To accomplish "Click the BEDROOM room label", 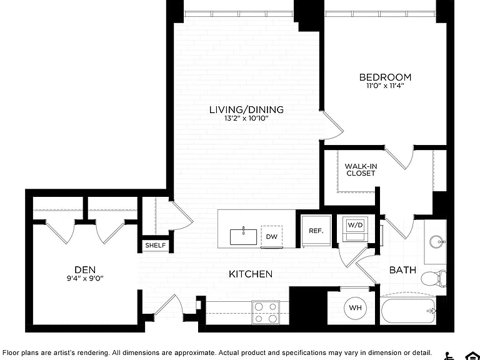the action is tap(385, 77).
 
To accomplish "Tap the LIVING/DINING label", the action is tap(246, 109).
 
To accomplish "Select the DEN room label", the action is tap(85, 270).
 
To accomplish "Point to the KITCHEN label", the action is tap(251, 274).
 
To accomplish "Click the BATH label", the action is tap(403, 270).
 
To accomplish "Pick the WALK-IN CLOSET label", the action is tap(361, 169).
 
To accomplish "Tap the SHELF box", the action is tap(156, 245).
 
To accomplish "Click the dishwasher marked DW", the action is tap(271, 237).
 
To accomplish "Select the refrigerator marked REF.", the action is tap(316, 231).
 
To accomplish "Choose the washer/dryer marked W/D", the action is tap(356, 229).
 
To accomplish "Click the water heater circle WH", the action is tap(355, 307).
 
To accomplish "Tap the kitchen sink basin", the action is tap(244, 237).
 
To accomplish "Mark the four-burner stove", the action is tap(266, 312).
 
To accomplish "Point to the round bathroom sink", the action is tap(437, 242).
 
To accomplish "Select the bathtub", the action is tap(408, 311).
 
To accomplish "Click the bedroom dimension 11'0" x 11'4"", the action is tap(385, 86).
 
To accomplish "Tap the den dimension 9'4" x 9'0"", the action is tap(86, 278).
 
